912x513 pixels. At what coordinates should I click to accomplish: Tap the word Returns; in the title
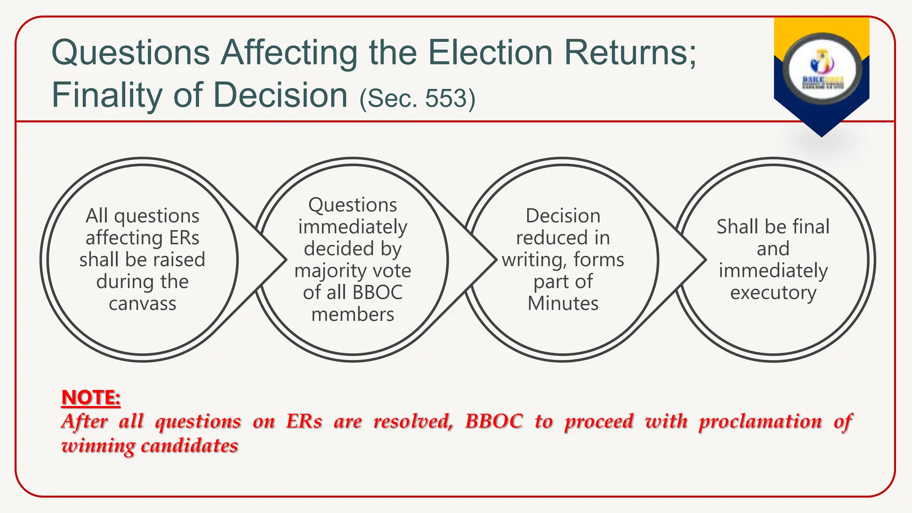tap(630, 53)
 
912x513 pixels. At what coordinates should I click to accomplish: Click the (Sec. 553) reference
tap(417, 98)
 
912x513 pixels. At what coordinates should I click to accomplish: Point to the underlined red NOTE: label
tap(91, 397)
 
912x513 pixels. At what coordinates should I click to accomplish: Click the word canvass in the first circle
tap(142, 304)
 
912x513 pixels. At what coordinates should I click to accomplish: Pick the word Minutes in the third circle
tap(563, 304)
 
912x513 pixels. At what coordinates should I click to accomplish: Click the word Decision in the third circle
tap(563, 216)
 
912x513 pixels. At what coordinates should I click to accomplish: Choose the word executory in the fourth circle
tap(773, 293)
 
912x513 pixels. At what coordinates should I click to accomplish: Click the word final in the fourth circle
tap(810, 227)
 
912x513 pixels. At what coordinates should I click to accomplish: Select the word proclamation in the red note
tap(760, 421)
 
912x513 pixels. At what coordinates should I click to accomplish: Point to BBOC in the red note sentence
tap(493, 421)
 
